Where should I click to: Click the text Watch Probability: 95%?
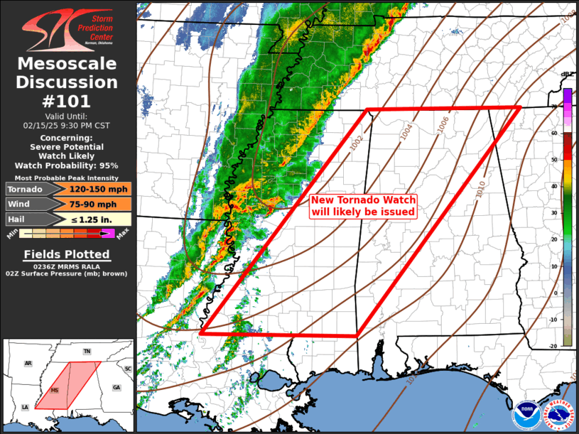pos(67,165)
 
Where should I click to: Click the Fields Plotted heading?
pos(67,254)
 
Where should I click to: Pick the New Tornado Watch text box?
pos(363,206)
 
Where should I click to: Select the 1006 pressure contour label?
pos(442,124)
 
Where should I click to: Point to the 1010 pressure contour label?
pos(480,188)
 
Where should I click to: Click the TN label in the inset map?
pos(87,352)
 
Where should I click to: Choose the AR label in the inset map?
pos(28,363)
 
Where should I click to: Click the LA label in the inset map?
pos(25,407)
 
